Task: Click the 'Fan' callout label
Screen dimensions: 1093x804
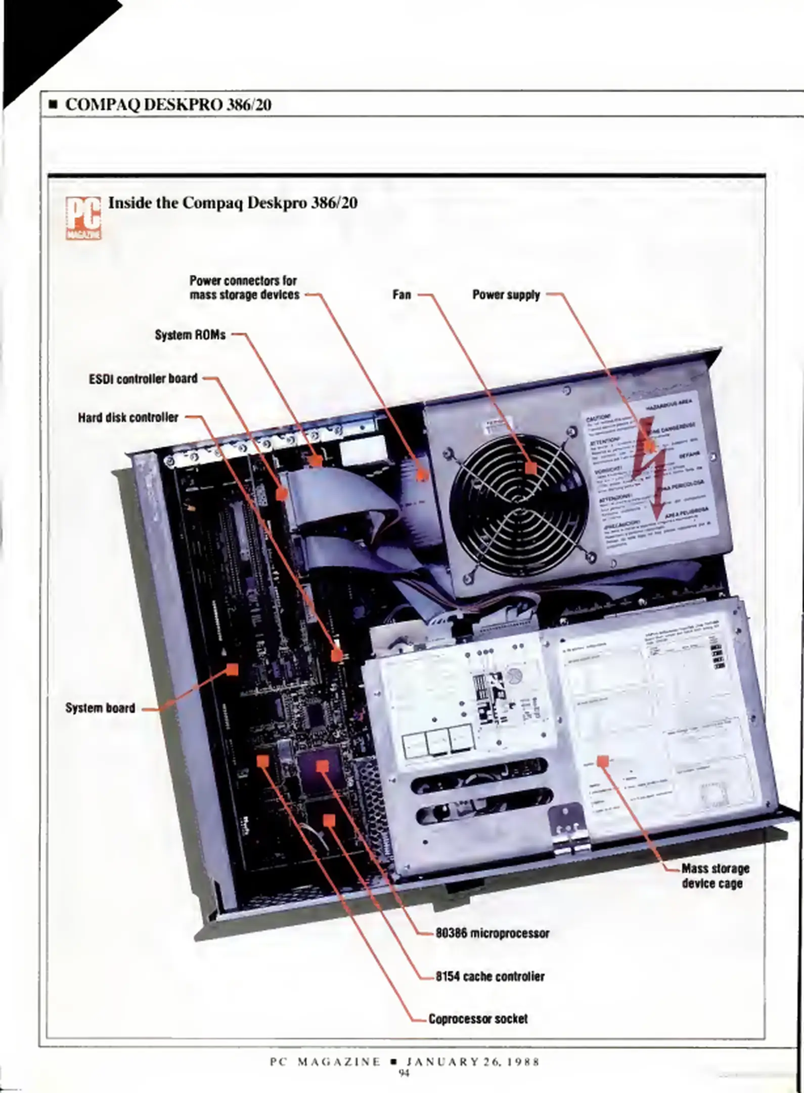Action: [401, 295]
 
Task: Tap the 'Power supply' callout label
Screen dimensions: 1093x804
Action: [506, 295]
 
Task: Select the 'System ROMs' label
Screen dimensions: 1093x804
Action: [190, 335]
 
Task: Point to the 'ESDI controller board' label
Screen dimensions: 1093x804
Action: [143, 379]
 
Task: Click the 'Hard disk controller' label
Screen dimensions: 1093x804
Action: [128, 417]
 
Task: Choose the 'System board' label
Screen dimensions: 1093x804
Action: [100, 708]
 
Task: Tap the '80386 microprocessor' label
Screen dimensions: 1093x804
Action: [492, 933]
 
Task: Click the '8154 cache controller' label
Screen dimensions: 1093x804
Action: [490, 976]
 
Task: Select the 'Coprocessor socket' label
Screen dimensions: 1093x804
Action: [478, 1019]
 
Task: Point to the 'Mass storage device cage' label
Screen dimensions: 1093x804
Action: [715, 876]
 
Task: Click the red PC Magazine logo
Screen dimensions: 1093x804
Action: [83, 218]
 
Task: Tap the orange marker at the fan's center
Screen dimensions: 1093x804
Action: [530, 468]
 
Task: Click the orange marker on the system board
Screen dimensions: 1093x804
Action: [232, 670]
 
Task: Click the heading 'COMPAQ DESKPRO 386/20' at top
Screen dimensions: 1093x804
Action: [168, 105]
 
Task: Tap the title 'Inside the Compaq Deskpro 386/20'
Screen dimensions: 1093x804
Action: [233, 203]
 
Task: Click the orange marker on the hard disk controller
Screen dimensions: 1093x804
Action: [336, 655]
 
